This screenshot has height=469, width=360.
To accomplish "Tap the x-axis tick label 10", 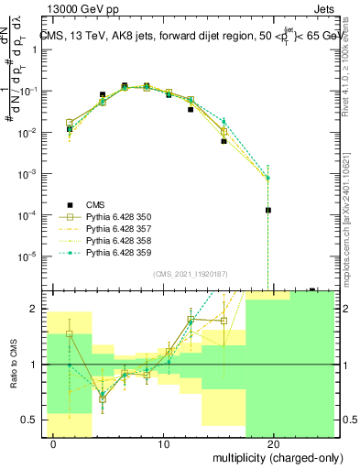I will [163, 444].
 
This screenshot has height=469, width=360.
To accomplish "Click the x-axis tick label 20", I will [273, 444].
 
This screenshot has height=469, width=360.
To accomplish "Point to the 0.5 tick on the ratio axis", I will [32, 420].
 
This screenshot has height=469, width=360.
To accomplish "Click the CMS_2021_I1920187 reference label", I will [191, 274].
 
